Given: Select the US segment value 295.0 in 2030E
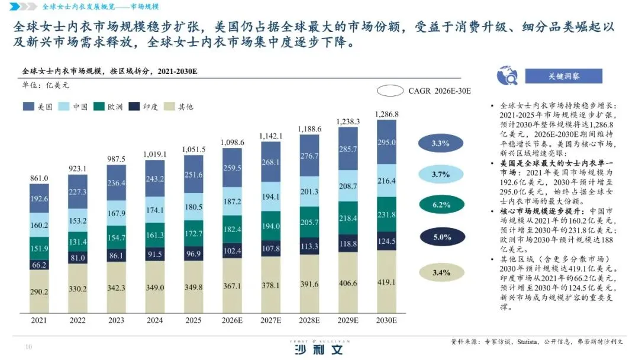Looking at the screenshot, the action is [387, 143].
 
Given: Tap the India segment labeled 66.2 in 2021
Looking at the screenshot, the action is [40, 265].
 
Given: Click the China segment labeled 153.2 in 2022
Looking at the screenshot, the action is [78, 220].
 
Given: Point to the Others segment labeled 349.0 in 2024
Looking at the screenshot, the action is [156, 287].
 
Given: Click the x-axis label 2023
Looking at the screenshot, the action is [117, 320].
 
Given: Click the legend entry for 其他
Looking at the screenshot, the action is [179, 107].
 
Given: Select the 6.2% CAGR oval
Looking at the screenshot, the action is [441, 205].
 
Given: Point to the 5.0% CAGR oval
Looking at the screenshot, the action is [441, 237].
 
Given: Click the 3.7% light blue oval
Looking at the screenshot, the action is [441, 174].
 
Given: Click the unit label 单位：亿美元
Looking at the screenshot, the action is [46, 85].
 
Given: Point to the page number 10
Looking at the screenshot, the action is [28, 347].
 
